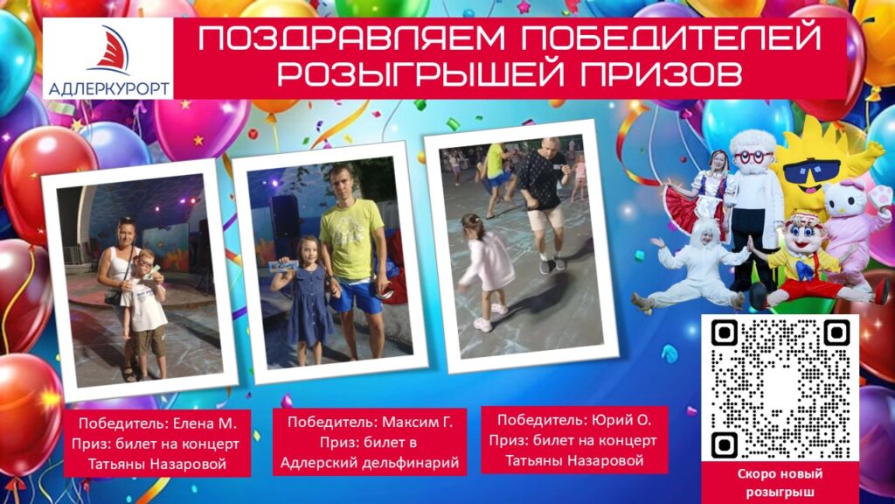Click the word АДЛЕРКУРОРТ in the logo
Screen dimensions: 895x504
pos(108,88)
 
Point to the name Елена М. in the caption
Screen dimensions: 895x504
pos(204,423)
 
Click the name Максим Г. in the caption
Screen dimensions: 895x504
pos(417,422)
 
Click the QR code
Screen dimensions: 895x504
pos(781,388)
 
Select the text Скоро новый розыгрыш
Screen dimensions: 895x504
pos(780,482)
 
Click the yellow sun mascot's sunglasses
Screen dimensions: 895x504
pos(811,171)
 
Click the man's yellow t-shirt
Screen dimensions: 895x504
pos(351,240)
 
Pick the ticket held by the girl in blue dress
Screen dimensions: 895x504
pos(284,265)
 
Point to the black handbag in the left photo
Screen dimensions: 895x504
pos(113,297)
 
